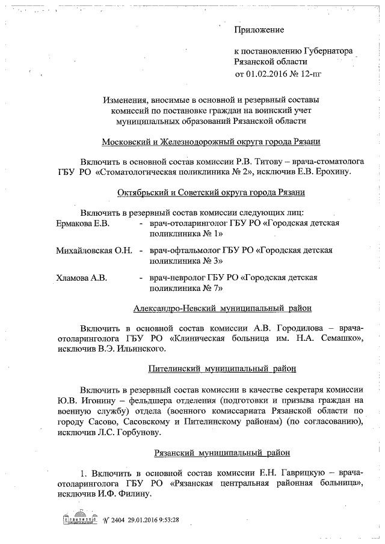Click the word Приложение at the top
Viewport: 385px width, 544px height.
(x=259, y=29)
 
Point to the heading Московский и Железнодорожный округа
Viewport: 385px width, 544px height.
(x=211, y=142)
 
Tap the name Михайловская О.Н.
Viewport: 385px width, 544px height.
(x=94, y=249)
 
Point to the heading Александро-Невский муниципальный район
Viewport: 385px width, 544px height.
(x=222, y=308)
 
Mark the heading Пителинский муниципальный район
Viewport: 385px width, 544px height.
(x=221, y=367)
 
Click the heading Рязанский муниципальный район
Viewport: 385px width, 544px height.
(x=221, y=451)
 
